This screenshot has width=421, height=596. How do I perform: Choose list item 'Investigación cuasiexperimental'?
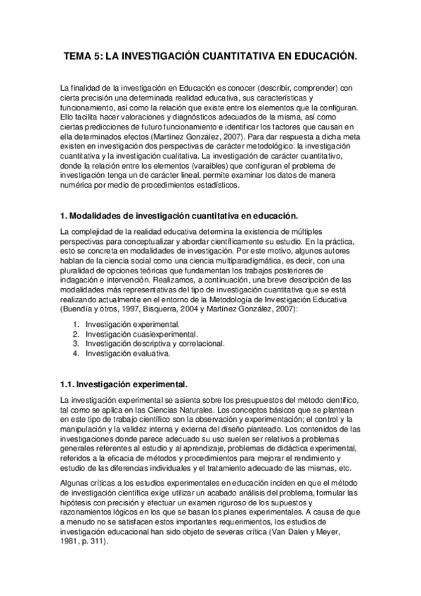pos(141,334)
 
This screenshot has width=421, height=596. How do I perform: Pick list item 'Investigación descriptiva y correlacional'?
pos(155,344)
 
